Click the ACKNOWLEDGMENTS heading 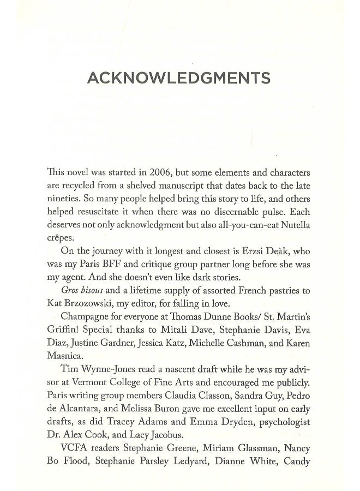[x=179, y=79]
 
